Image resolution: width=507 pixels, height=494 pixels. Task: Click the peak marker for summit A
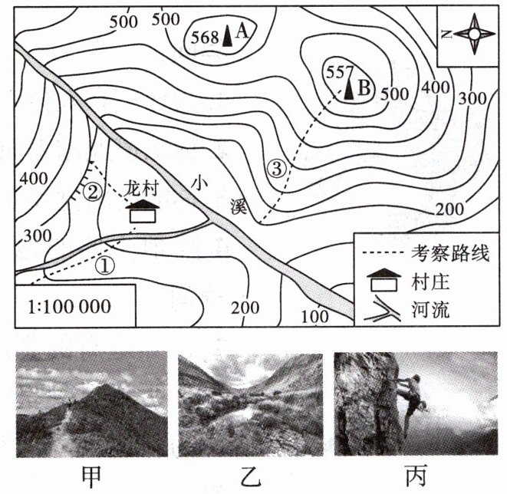point(228,37)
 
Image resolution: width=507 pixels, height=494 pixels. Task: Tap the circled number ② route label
point(93,191)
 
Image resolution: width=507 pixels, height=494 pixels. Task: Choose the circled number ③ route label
point(278,166)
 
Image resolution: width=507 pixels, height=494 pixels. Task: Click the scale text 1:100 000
point(69,307)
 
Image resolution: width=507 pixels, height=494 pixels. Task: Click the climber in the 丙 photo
point(407,395)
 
